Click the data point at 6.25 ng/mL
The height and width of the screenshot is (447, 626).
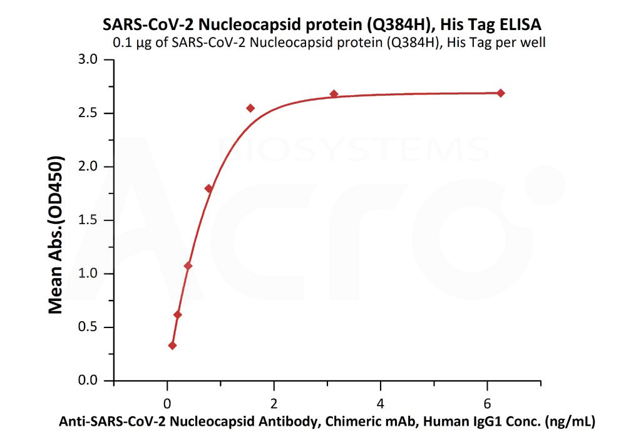tap(500, 93)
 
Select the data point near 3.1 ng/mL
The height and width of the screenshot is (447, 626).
tap(334, 94)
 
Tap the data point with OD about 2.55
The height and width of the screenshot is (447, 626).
tap(250, 108)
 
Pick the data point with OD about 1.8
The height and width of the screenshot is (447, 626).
tap(208, 188)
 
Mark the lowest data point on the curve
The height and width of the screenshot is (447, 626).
tap(172, 346)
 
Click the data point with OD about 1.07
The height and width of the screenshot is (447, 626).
tap(188, 266)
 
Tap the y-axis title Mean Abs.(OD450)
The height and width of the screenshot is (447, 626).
tap(56, 235)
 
